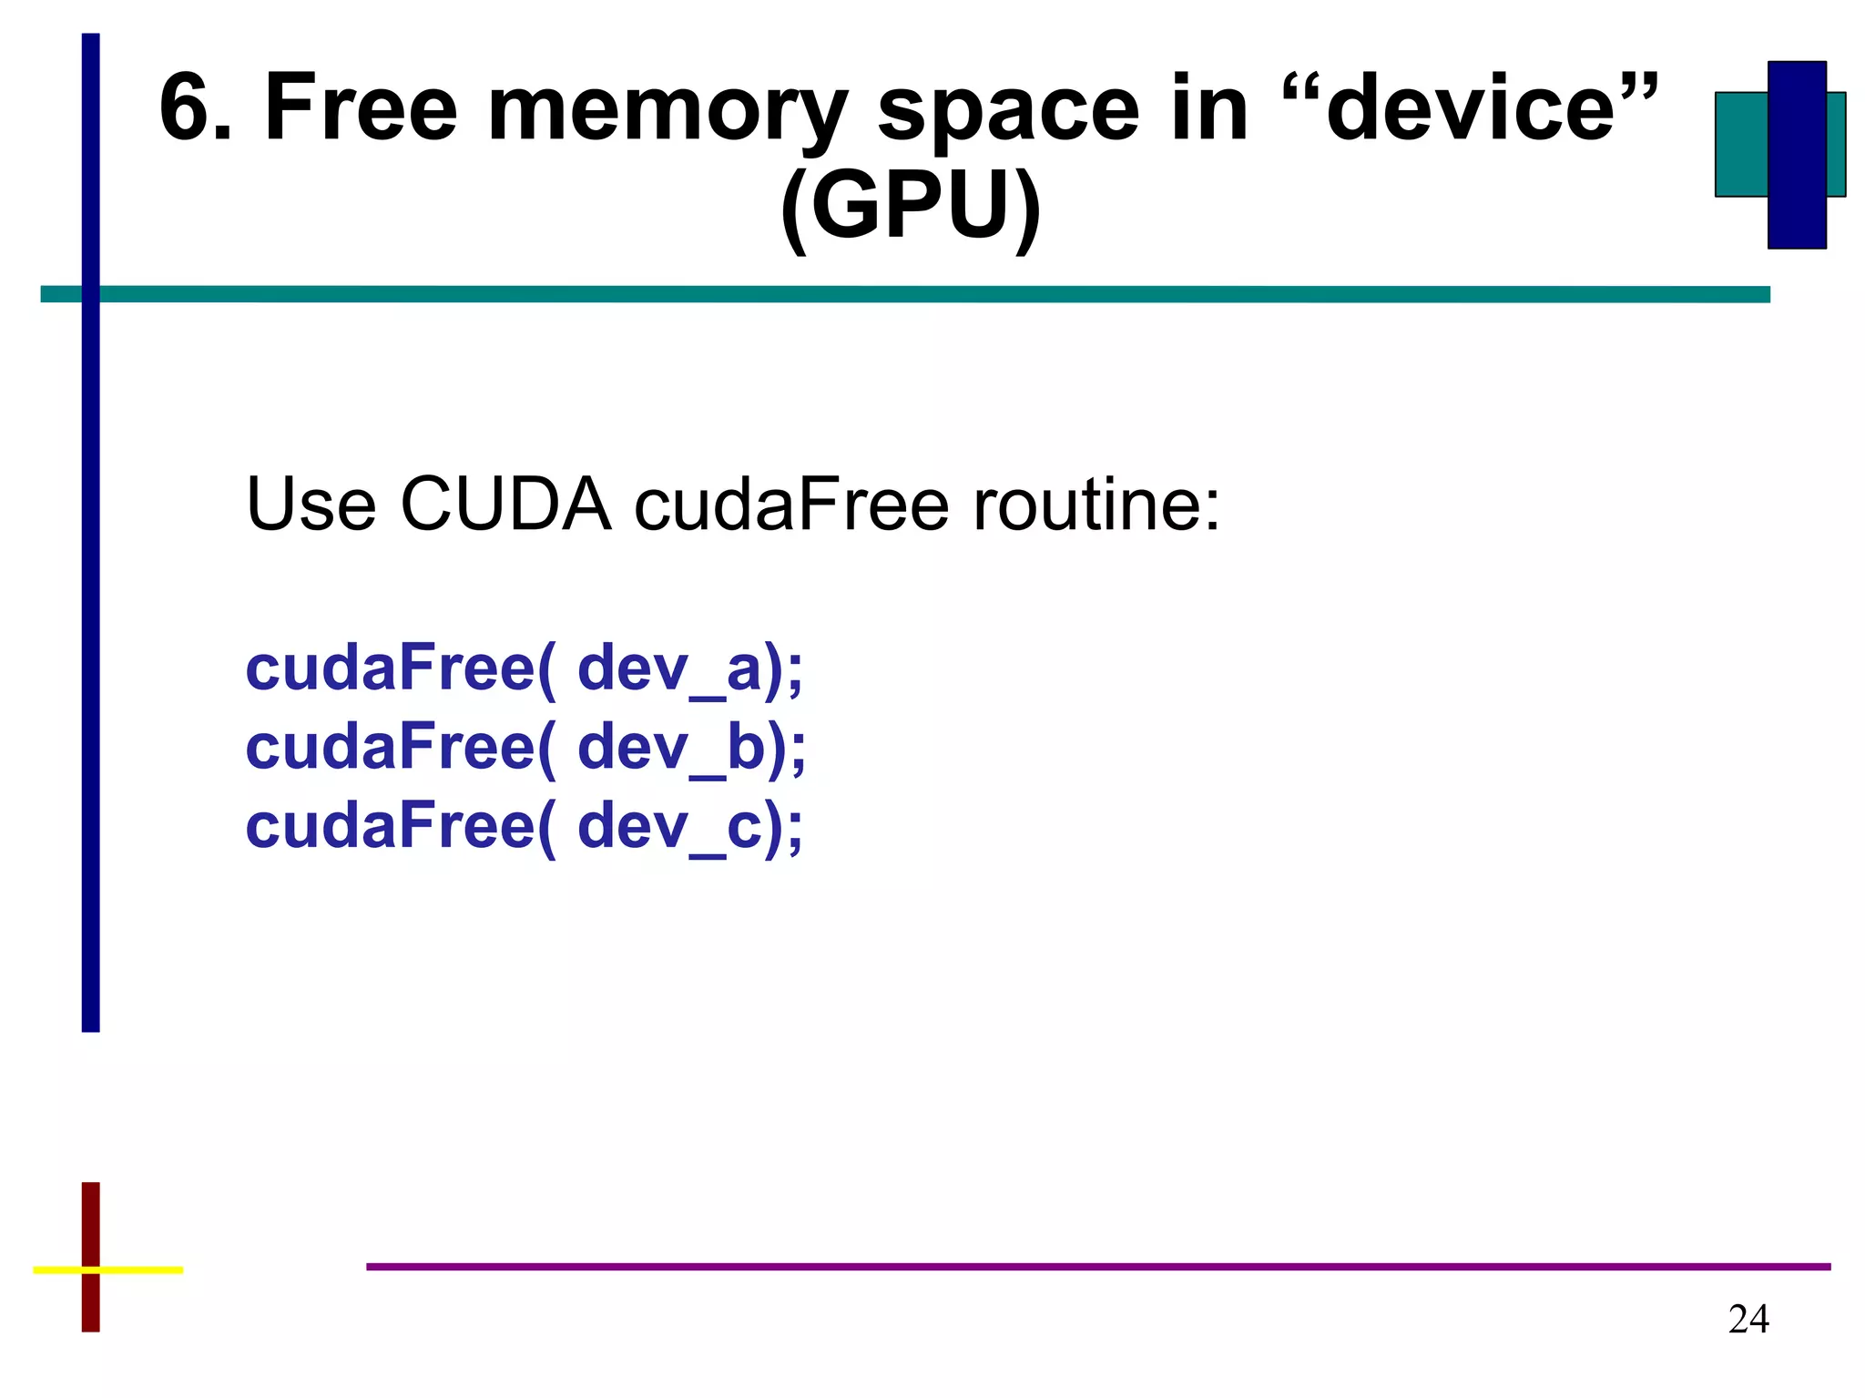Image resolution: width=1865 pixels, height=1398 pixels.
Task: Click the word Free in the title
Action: [x=360, y=109]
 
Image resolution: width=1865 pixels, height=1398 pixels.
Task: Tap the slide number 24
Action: [x=1748, y=1319]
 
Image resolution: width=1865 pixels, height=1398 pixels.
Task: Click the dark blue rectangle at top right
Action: [x=1796, y=155]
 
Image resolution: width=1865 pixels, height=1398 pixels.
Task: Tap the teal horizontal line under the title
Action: [x=911, y=294]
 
